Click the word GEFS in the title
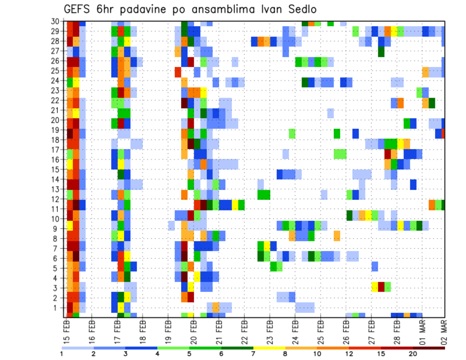coord(78,9)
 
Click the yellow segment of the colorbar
coord(269,348)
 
